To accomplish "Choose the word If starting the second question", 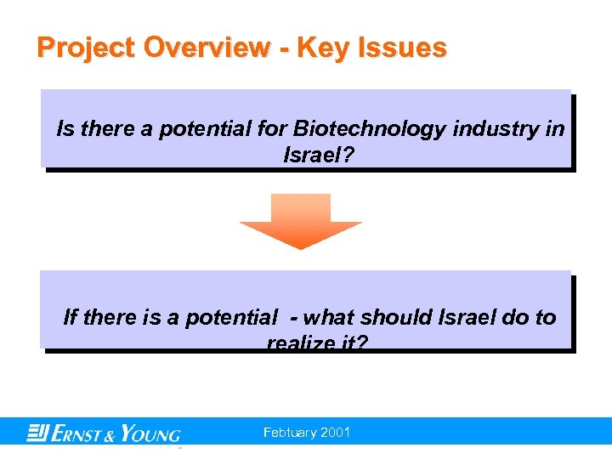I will click(71, 318).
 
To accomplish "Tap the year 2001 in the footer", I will click(337, 433).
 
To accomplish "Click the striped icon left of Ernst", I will click(37, 433).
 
